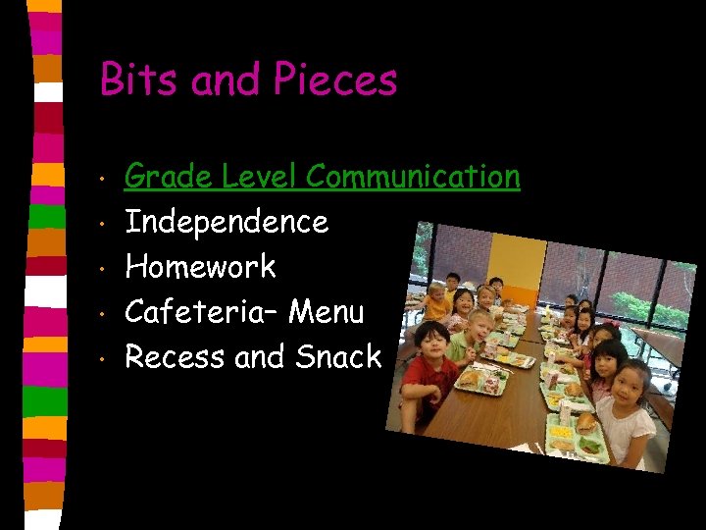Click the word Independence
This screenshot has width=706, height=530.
point(227,222)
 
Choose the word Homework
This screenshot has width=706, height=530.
point(200,267)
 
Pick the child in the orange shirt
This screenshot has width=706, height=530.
point(438,299)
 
